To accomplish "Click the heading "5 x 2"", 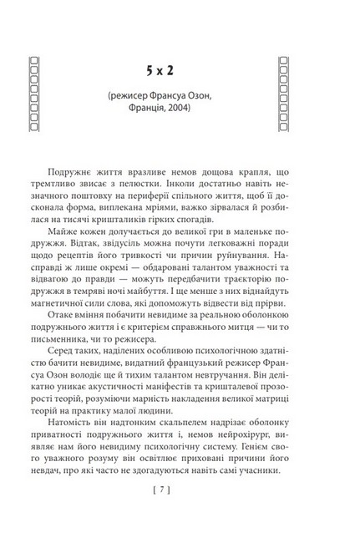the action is [x=179, y=64].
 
